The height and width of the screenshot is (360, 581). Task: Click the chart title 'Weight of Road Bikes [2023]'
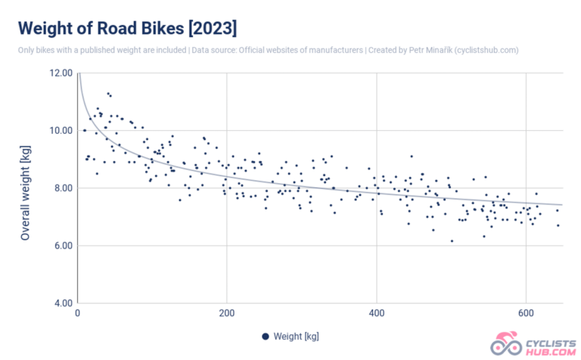[127, 28]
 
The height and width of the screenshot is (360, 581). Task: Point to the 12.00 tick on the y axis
[60, 73]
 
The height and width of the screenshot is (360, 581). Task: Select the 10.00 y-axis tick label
[60, 130]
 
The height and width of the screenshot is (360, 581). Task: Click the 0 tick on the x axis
[78, 314]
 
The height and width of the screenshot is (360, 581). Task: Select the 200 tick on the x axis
[226, 314]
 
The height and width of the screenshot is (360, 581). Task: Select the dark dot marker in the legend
[265, 337]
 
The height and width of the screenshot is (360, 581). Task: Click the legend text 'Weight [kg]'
[297, 337]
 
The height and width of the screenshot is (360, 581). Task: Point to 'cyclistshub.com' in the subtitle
[483, 50]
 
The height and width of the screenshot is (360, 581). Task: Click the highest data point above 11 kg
[107, 93]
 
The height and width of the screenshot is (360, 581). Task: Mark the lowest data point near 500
[452, 241]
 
